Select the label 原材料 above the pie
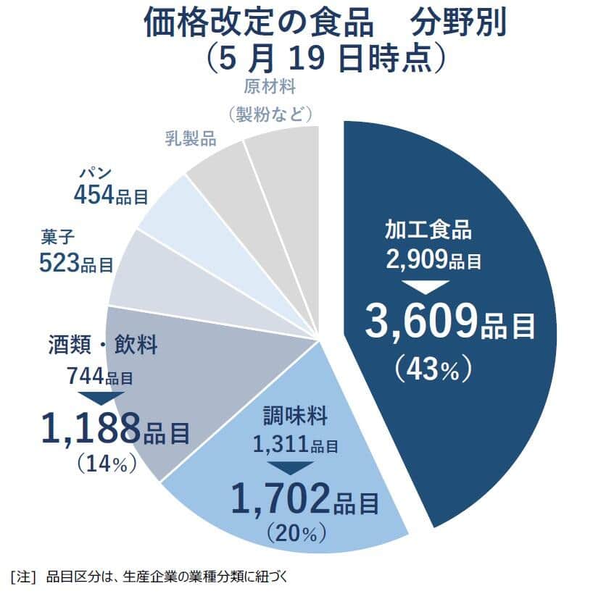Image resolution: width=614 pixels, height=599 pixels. coord(270,88)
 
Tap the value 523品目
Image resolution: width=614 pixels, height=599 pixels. coord(76,262)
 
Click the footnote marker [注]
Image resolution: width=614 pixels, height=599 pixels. coord(23,577)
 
